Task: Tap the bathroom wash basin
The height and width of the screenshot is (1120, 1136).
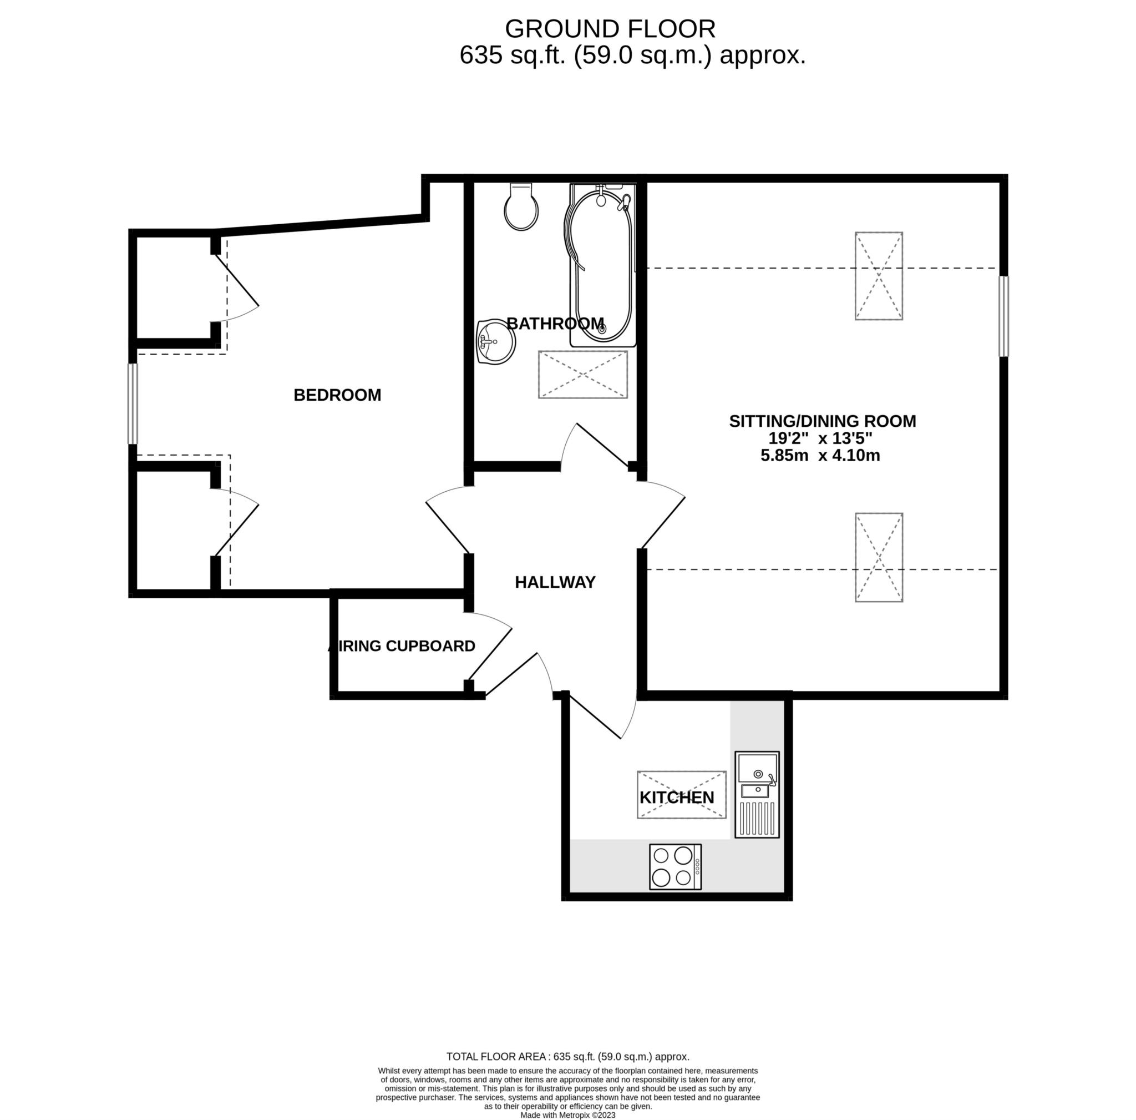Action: (496, 343)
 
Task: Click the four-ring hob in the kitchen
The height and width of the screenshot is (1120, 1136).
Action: (676, 867)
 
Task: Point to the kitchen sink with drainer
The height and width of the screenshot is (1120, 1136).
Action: (757, 795)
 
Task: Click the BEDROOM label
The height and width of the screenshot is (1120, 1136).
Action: (337, 395)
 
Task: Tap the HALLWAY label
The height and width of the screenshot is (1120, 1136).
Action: (555, 582)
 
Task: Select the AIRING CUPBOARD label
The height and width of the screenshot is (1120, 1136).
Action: (402, 646)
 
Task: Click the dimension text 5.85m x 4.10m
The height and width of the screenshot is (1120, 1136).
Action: (821, 455)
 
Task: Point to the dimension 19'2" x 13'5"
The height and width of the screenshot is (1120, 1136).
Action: (821, 438)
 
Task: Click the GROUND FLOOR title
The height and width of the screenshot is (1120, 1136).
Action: (610, 29)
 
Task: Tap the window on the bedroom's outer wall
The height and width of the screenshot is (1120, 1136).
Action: (134, 404)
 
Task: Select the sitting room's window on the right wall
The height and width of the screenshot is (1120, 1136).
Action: (1005, 316)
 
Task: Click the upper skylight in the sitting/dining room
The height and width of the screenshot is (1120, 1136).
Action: (879, 276)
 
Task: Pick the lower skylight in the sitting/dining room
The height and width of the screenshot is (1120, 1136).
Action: (879, 558)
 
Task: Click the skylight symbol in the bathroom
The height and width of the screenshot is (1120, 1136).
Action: (583, 375)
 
